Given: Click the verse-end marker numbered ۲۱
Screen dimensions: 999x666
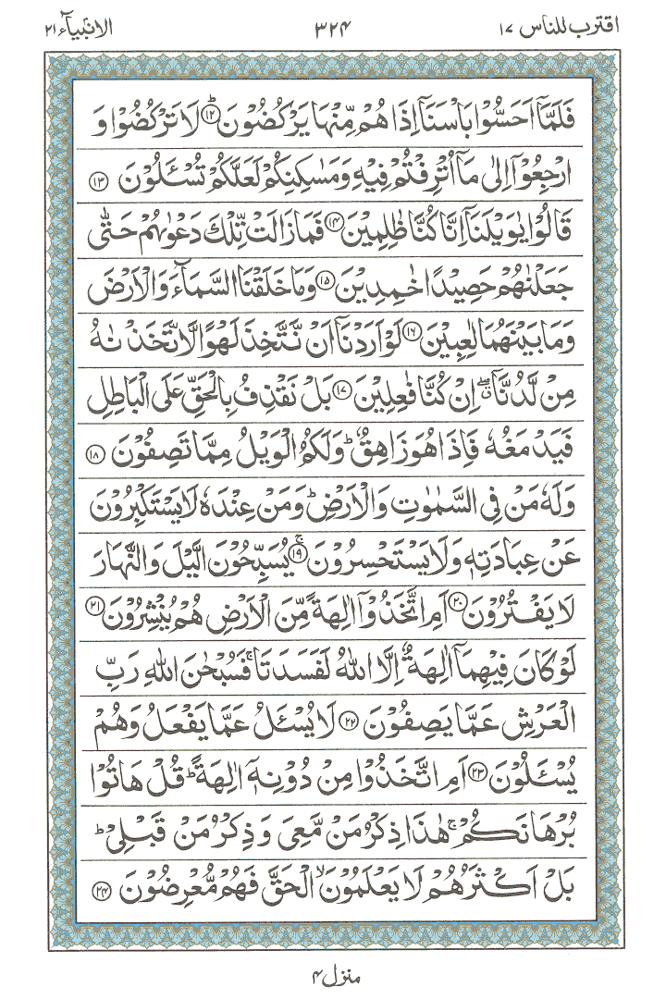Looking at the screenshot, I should click(94, 602).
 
